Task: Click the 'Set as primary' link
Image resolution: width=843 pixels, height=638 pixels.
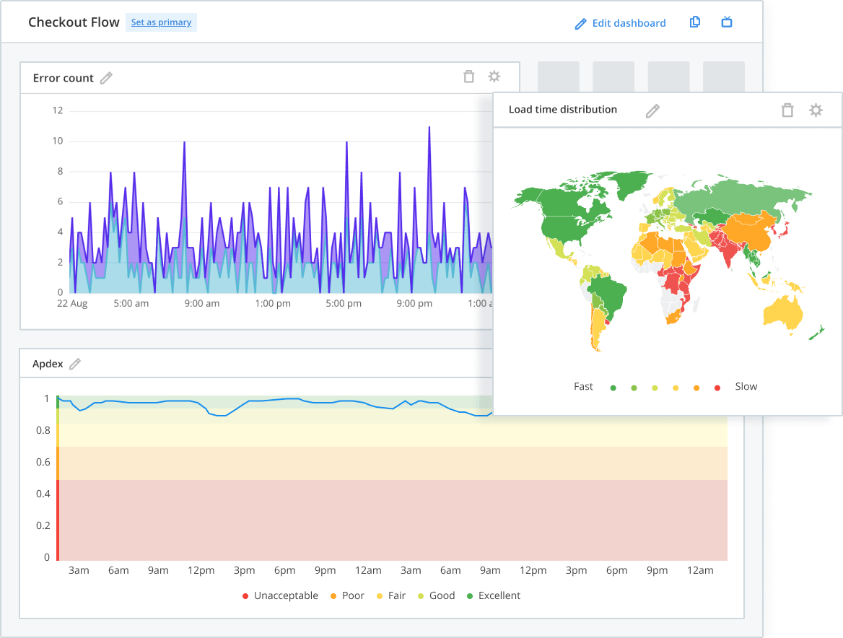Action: [161, 22]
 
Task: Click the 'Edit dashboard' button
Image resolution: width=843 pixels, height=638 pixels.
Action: [620, 23]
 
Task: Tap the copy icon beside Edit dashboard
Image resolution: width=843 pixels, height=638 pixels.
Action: [695, 22]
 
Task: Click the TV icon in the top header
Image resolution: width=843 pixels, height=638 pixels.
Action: [727, 22]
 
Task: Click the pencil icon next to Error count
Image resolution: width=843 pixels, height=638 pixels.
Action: [106, 78]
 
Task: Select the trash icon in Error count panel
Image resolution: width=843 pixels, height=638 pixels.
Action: [469, 77]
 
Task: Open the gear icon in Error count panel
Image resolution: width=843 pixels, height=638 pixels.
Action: [494, 77]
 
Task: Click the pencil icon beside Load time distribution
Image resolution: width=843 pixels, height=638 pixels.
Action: [652, 110]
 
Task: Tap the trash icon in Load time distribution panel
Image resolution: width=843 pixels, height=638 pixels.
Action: [787, 110]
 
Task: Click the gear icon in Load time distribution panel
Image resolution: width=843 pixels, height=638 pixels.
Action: [816, 110]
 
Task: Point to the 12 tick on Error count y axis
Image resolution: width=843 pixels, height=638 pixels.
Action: [58, 110]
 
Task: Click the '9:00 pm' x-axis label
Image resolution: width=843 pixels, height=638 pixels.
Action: [414, 304]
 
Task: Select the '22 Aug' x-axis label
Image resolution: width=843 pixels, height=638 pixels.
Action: [72, 304]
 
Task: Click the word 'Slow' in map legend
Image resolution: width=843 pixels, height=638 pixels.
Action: [746, 387]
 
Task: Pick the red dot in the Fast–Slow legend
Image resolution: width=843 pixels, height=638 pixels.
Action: [717, 388]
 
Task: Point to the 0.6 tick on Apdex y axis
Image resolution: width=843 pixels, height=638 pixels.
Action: [43, 463]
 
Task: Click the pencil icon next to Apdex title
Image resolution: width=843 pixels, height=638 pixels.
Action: [75, 364]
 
